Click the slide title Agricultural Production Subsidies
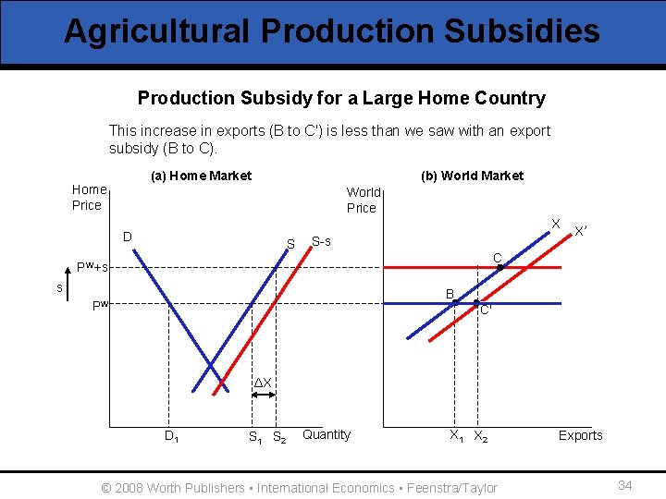[332, 31]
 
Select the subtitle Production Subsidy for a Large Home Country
[341, 98]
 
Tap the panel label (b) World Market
[472, 176]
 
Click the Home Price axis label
[87, 197]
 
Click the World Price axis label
[363, 200]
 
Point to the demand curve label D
[129, 237]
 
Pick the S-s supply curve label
[321, 241]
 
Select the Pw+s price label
[92, 267]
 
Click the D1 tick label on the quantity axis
[172, 436]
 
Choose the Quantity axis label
[327, 434]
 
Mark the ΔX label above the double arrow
[264, 383]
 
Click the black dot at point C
[500, 267]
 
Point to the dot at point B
[455, 302]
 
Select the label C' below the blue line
[486, 310]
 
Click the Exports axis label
[580, 435]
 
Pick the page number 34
[624, 485]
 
